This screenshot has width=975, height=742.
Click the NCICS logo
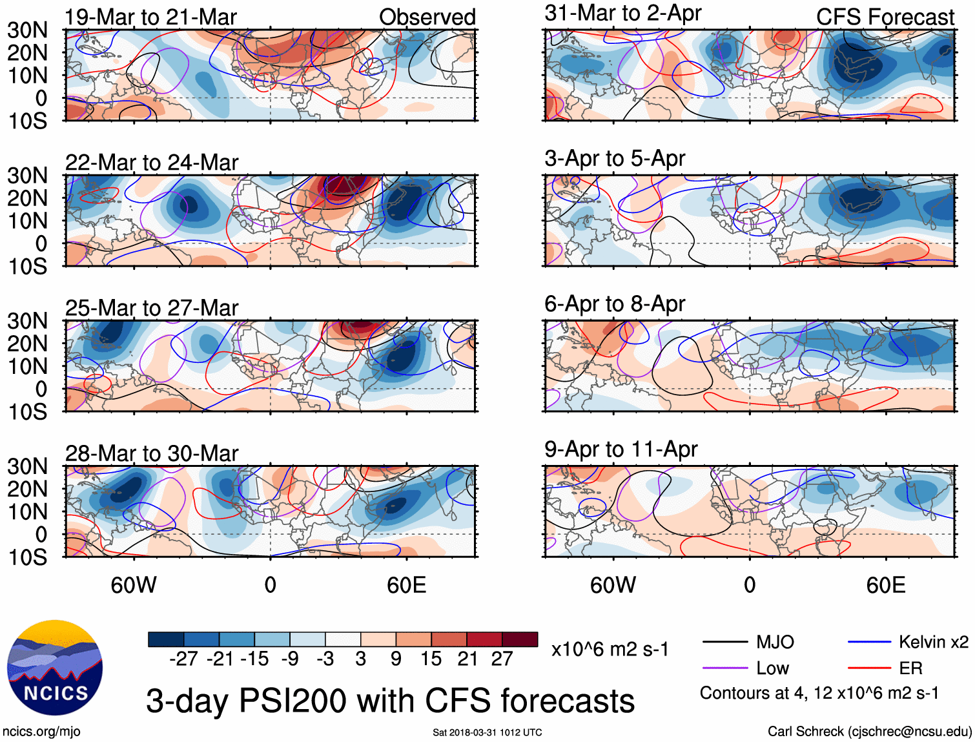[x=55, y=668]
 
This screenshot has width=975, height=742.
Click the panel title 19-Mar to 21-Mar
[x=151, y=17]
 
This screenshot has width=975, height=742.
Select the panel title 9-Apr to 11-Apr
[x=621, y=449]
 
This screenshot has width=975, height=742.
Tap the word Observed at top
[x=427, y=17]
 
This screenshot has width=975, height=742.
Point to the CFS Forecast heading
[x=885, y=17]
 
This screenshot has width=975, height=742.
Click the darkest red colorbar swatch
[x=520, y=639]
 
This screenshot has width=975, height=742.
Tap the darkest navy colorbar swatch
[x=166, y=639]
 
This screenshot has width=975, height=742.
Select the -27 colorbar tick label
[x=183, y=659]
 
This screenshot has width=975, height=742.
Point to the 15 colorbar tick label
[x=431, y=659]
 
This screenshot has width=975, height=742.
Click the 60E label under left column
[x=406, y=585]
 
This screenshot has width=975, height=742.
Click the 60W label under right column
[x=613, y=585]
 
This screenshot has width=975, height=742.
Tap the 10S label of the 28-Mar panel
[x=28, y=557]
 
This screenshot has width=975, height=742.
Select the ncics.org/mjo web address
[x=41, y=732]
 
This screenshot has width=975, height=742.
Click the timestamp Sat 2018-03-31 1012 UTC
[x=487, y=732]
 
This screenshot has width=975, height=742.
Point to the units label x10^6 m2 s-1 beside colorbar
[x=610, y=649]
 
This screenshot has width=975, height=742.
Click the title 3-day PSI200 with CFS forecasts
[x=390, y=701]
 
